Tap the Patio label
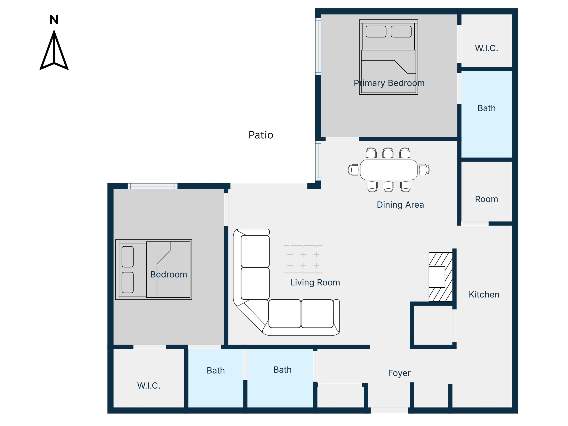pos(261,135)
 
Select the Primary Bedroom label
pos(389,83)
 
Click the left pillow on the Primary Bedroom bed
pos(376,32)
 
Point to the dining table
pos(389,170)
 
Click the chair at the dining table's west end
pos(353,170)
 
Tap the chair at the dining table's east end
pos(424,170)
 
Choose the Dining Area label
pos(400,205)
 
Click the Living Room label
pos(315,282)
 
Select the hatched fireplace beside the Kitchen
pos(441,277)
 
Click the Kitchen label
pos(484,295)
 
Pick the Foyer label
pos(399,373)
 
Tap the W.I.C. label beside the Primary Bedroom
pos(486,48)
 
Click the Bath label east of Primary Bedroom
pos(486,108)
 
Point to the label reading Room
pos(486,199)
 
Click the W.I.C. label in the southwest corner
pos(149,386)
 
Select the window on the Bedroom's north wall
pos(153,186)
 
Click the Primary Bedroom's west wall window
pos(318,46)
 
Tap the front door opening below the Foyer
pos(389,410)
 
